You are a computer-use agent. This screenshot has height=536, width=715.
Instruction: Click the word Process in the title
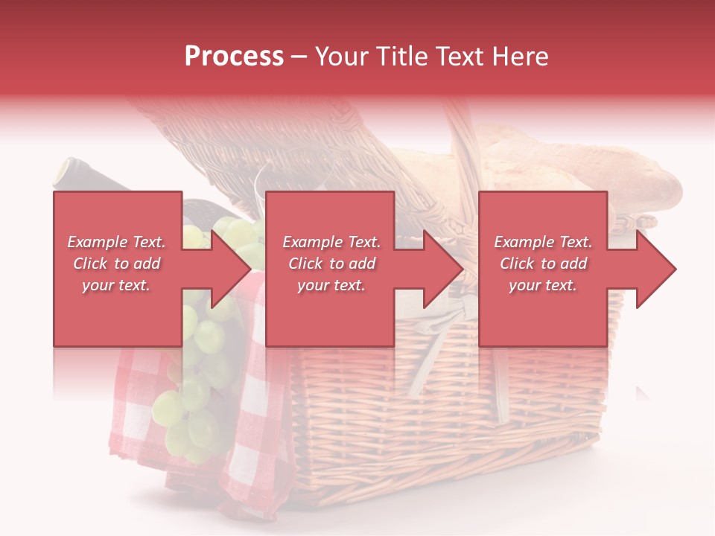(234, 57)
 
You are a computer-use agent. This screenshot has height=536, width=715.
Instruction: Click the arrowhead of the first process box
(232, 269)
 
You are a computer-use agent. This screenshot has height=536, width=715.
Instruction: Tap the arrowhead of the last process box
(656, 269)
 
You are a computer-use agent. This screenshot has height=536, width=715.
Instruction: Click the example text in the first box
(116, 264)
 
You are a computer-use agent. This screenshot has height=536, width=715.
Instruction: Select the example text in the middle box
(331, 264)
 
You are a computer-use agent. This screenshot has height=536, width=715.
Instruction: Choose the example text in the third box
(543, 264)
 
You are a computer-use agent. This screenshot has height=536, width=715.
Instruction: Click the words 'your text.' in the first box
(116, 285)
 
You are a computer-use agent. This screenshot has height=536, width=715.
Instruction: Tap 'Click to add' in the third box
(543, 264)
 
